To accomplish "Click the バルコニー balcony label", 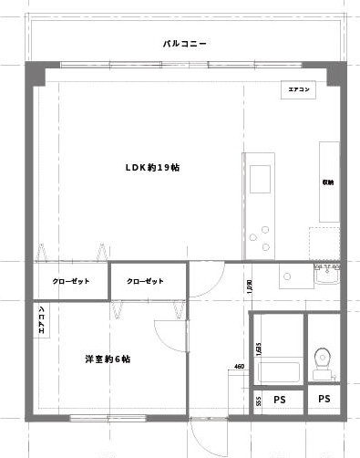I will [186, 43].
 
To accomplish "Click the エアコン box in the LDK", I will [300, 90].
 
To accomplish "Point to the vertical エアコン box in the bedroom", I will [42, 321].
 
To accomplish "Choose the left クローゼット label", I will [71, 281].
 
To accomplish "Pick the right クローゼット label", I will [146, 281].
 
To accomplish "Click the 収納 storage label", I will [327, 182].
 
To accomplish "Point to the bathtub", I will [279, 372].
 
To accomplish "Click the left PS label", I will [279, 400].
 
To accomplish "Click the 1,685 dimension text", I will [259, 349].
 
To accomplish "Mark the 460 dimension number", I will [239, 367].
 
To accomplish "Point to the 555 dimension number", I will [259, 400].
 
